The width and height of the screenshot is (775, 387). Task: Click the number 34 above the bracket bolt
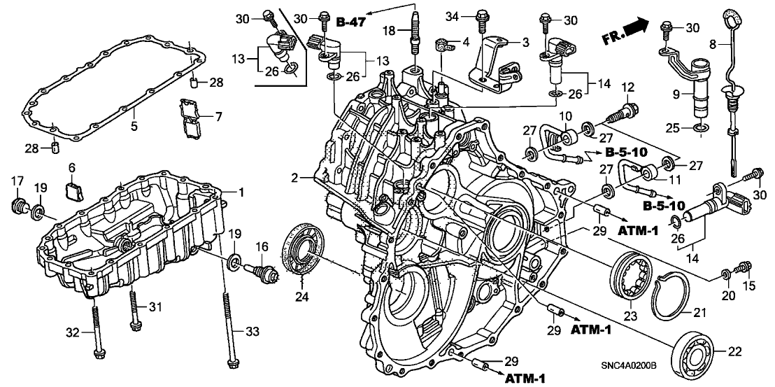pos(452,15)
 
